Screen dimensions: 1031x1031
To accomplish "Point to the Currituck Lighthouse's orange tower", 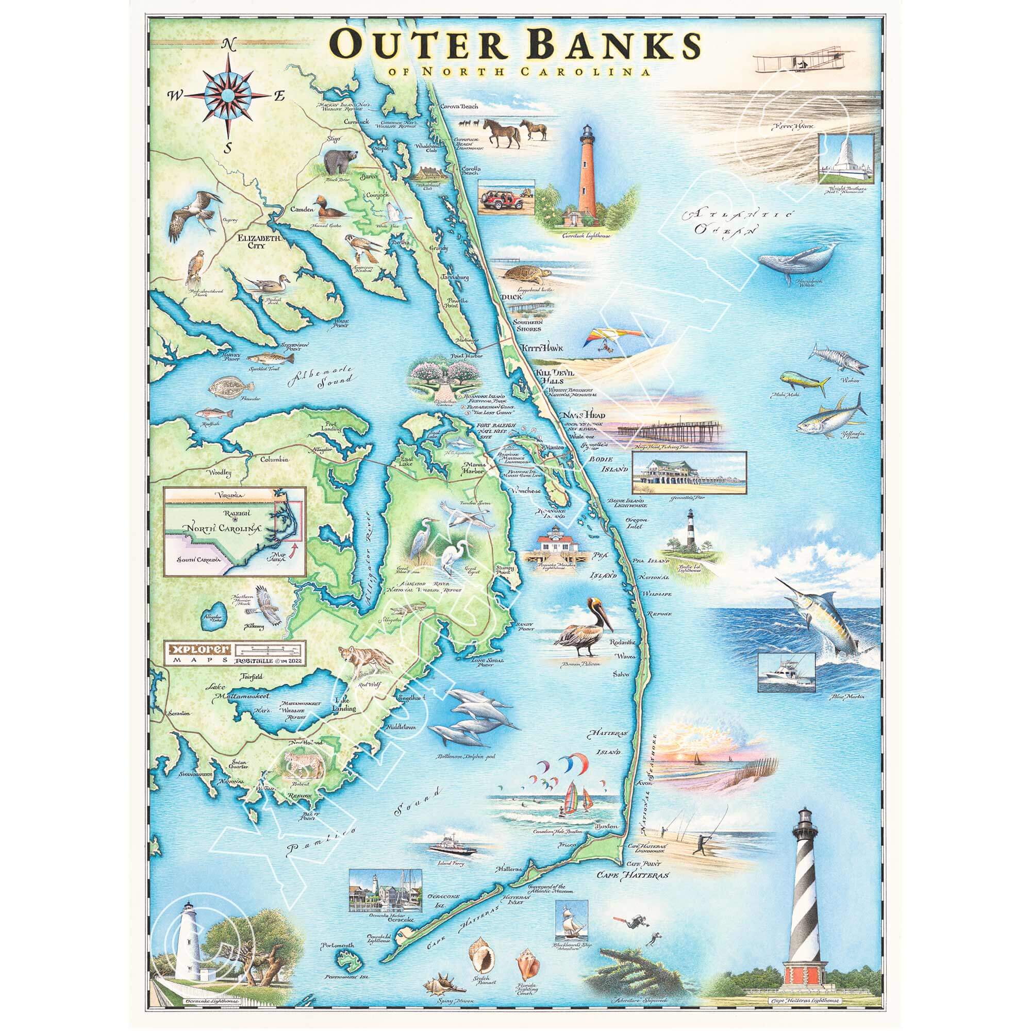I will (587, 176).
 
